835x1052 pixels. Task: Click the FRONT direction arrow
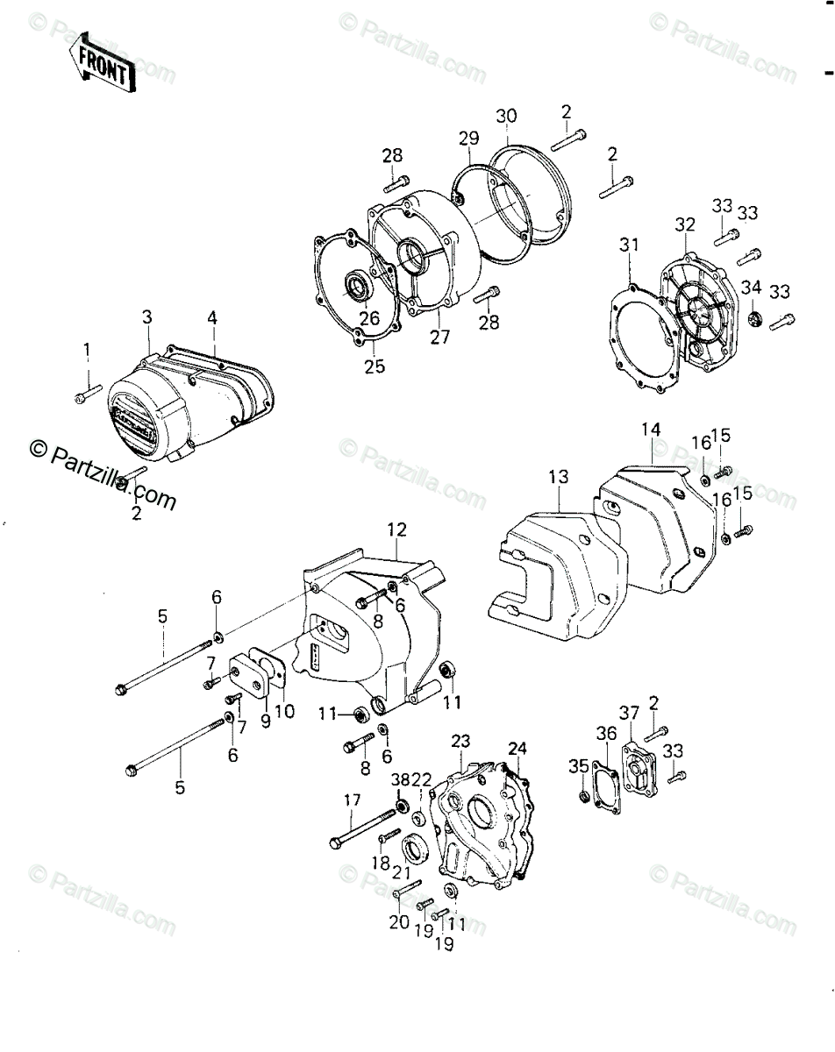[103, 64]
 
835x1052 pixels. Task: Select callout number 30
[506, 117]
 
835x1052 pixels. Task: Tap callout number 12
[397, 529]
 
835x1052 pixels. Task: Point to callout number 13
[559, 478]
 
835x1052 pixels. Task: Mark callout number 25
[375, 366]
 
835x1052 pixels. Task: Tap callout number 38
[400, 779]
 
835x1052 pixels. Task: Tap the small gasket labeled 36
[605, 775]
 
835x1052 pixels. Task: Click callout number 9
[266, 712]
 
